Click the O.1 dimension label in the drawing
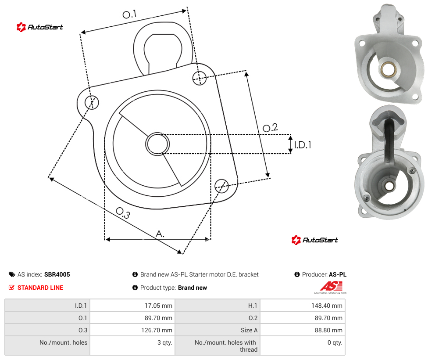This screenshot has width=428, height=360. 129,14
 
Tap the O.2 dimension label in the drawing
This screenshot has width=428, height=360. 270,127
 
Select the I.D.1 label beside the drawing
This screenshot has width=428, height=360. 303,145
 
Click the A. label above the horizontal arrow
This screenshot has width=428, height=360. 160,234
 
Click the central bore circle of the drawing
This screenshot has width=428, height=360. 157,144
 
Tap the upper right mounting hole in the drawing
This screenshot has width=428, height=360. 200,78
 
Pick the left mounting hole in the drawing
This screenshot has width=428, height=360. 92,102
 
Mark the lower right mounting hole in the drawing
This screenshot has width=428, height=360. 221,186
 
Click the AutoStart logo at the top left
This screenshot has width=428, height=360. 40,27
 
